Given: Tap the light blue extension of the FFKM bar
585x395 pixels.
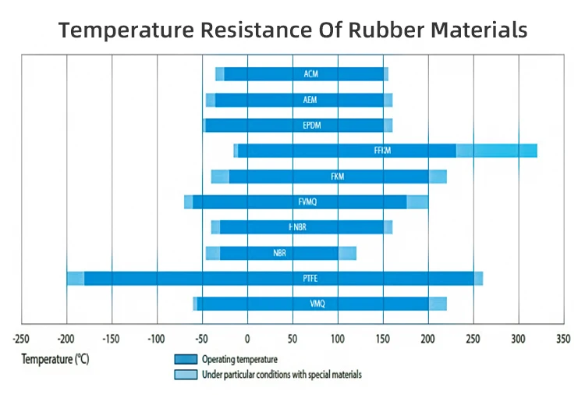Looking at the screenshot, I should click(496, 151).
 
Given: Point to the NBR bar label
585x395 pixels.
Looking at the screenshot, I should click(279, 253).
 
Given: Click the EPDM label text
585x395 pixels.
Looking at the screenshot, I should click(311, 125).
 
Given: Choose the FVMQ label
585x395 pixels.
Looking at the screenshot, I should click(307, 201).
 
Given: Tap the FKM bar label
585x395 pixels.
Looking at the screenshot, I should click(337, 176).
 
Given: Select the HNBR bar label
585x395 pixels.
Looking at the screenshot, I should click(296, 227).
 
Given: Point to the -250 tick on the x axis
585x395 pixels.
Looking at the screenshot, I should click(21, 340).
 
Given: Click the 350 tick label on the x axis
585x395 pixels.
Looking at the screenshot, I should click(563, 340).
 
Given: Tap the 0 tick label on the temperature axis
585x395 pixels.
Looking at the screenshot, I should click(247, 340).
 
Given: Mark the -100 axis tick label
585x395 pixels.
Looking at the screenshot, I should click(156, 340).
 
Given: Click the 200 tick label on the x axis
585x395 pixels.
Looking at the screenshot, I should click(428, 340).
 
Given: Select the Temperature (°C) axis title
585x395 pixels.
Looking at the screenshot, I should click(55, 360).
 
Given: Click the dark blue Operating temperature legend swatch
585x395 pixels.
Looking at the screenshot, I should click(185, 360).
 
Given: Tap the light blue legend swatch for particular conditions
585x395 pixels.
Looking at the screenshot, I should click(185, 375).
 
